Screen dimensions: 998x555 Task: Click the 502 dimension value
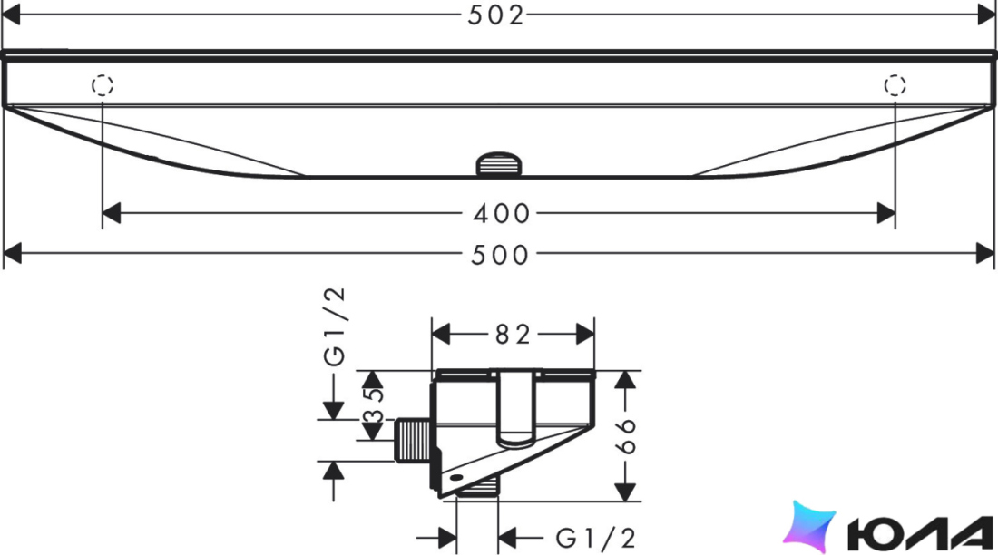pos(495,15)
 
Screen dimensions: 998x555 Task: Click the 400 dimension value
pos(502,214)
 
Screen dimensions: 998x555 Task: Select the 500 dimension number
pos(500,255)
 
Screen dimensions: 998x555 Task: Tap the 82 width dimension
pos(513,334)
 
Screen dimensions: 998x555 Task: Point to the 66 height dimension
pos(626,436)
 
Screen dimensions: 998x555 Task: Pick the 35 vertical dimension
pos(374,405)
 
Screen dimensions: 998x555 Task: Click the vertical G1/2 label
pos(334,326)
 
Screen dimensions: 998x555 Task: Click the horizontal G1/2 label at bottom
pos(596,539)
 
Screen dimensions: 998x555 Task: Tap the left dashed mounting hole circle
pos(103,84)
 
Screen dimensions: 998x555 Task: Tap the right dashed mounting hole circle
pos(895,84)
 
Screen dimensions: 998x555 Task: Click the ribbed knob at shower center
pos(499,164)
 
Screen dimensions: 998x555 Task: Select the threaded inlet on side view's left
pos(414,440)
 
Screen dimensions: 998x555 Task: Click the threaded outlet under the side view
pos(477,489)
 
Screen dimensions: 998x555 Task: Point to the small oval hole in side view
pos(457,477)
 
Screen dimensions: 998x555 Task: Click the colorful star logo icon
pos(809,528)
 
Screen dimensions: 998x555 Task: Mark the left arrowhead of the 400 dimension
pos(112,213)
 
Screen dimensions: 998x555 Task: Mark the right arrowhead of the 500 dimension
pos(984,253)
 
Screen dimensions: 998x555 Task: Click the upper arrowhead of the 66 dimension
pos(626,380)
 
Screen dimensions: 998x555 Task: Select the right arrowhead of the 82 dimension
pos(585,334)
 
